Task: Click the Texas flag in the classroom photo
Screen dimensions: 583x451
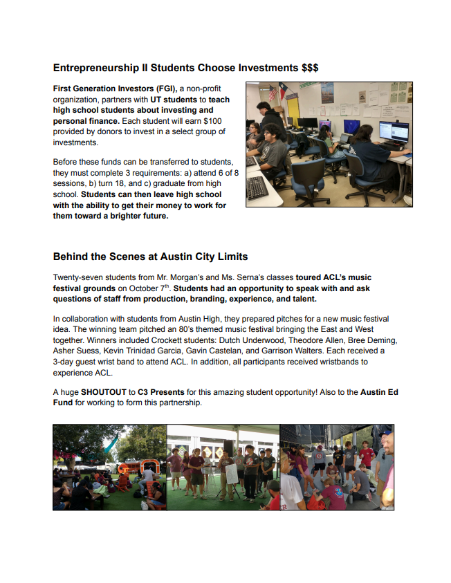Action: [284, 90]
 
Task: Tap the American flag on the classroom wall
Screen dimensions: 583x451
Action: [272, 93]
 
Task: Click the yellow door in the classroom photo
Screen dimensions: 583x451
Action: [293, 109]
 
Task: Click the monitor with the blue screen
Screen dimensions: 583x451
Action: [351, 127]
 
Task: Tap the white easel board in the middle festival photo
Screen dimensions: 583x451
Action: [232, 474]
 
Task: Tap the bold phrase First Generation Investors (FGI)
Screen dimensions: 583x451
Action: [115, 89]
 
